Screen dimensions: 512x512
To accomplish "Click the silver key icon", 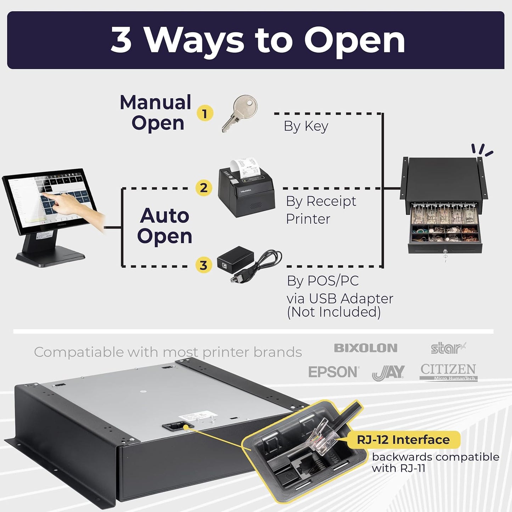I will pyautogui.click(x=240, y=114).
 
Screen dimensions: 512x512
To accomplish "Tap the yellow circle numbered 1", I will pyautogui.click(x=204, y=114).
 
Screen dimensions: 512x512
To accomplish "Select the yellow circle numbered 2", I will pyautogui.click(x=204, y=187).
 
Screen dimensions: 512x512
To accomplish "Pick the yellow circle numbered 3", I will pyautogui.click(x=203, y=265).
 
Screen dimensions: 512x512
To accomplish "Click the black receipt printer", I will pyautogui.click(x=246, y=193).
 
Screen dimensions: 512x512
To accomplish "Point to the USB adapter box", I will pyautogui.click(x=235, y=258).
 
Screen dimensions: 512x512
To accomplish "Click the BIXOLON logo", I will pyautogui.click(x=365, y=348).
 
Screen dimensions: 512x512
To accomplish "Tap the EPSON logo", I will pyautogui.click(x=333, y=372).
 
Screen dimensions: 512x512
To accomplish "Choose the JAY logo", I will pyautogui.click(x=388, y=373).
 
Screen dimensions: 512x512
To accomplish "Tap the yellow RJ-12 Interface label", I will pyautogui.click(x=403, y=440).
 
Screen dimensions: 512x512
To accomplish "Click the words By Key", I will pyautogui.click(x=306, y=126).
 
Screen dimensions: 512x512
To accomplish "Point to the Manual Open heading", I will pyautogui.click(x=156, y=113).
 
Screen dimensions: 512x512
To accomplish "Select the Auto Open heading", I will pyautogui.click(x=164, y=226).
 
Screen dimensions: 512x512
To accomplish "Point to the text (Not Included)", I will pyautogui.click(x=333, y=312).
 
